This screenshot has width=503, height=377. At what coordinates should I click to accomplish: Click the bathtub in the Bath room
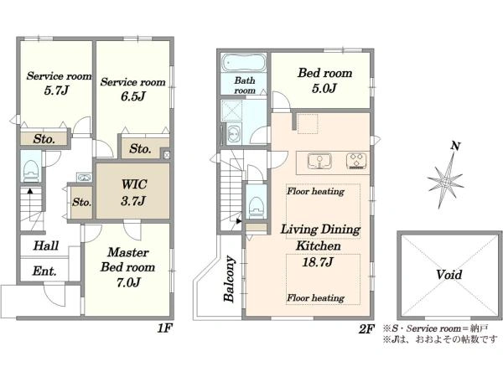(244, 63)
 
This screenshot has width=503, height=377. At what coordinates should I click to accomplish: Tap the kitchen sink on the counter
(319, 161)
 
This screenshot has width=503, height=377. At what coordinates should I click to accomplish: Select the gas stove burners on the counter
(357, 161)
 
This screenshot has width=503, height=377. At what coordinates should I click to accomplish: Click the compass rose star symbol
(445, 182)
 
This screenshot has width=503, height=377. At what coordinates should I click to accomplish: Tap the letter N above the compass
(455, 146)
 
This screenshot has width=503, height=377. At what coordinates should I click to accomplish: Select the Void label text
(449, 275)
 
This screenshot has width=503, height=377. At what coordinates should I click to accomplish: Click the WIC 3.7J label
(134, 193)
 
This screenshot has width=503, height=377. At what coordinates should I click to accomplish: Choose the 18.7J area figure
(318, 262)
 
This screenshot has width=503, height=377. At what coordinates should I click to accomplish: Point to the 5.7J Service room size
(56, 90)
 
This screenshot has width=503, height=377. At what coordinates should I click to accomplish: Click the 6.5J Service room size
(133, 96)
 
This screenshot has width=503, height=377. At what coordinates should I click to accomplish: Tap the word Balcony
(230, 279)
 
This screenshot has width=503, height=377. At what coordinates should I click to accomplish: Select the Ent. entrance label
(44, 271)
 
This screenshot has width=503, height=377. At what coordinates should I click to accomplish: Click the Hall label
(46, 245)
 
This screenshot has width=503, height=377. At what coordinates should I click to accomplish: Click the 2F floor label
(366, 329)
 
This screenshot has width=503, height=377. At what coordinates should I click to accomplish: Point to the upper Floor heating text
(316, 191)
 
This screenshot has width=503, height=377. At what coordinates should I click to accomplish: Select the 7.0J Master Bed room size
(128, 282)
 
